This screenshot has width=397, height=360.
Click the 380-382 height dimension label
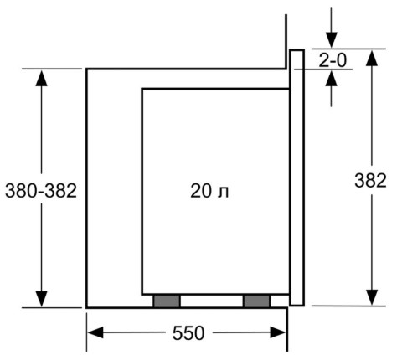tap(41, 191)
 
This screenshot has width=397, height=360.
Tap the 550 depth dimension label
tap(188, 333)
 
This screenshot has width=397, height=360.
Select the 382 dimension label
tap(370, 180)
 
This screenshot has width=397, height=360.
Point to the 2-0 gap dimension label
tap(333, 60)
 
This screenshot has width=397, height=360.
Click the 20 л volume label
tap(209, 191)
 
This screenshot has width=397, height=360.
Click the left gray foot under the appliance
tap(167, 301)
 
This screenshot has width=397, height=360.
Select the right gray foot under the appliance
tap(256, 301)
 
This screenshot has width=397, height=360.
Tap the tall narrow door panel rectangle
tap(296, 177)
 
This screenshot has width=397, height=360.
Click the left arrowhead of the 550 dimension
tap(95, 332)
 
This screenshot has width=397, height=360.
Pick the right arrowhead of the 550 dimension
tap(278, 332)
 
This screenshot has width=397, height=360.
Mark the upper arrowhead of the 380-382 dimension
tap(42, 78)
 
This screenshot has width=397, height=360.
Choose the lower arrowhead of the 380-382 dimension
tap(42, 299)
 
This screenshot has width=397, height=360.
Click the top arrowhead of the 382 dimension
tap(372, 58)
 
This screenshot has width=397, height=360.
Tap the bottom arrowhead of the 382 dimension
tap(372, 297)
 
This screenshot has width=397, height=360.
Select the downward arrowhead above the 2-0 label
tap(332, 40)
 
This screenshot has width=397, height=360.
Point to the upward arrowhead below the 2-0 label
tap(332, 78)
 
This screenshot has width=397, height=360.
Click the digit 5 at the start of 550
tap(178, 333)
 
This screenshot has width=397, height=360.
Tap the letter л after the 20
tap(224, 193)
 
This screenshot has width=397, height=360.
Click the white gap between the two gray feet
tap(212, 301)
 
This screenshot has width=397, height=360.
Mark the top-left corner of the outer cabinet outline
tap(87, 69)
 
